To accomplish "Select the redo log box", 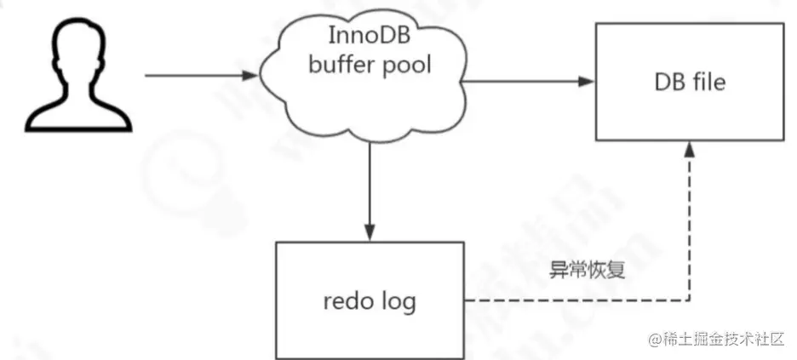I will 368,300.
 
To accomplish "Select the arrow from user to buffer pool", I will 200,75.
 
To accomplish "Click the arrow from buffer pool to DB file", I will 528,82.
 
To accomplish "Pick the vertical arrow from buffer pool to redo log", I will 369,191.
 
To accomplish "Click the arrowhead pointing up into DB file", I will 688,148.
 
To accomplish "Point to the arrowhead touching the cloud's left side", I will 251,75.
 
